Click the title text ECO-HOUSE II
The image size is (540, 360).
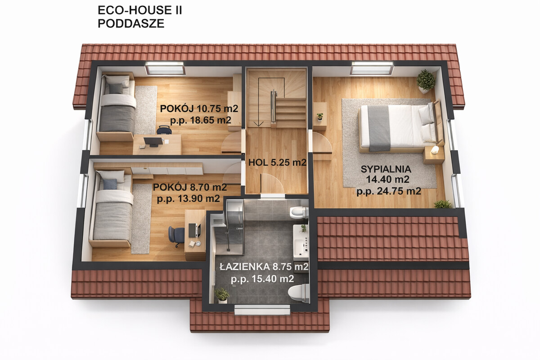[x=139, y=10]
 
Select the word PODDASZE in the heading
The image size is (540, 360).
[x=131, y=24]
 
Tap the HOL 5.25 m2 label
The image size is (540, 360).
[x=277, y=162]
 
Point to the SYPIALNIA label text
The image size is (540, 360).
[x=386, y=169]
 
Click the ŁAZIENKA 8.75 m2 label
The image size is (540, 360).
[x=264, y=267]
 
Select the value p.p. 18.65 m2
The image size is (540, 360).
[x=201, y=120]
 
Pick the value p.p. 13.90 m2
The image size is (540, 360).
[x=188, y=198]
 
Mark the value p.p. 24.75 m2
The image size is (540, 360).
[x=389, y=191]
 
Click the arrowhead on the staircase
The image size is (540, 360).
[x=258, y=124]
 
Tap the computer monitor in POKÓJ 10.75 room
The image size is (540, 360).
[x=153, y=142]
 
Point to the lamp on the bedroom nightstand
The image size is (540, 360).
[x=435, y=150]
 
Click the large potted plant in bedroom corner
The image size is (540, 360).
[x=426, y=81]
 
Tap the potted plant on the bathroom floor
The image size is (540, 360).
[x=222, y=295]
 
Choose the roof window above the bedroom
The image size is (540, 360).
[x=372, y=68]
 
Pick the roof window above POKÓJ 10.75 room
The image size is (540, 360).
[x=165, y=68]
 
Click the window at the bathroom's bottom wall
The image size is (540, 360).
[x=262, y=310]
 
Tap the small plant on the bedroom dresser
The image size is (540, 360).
[x=320, y=117]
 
